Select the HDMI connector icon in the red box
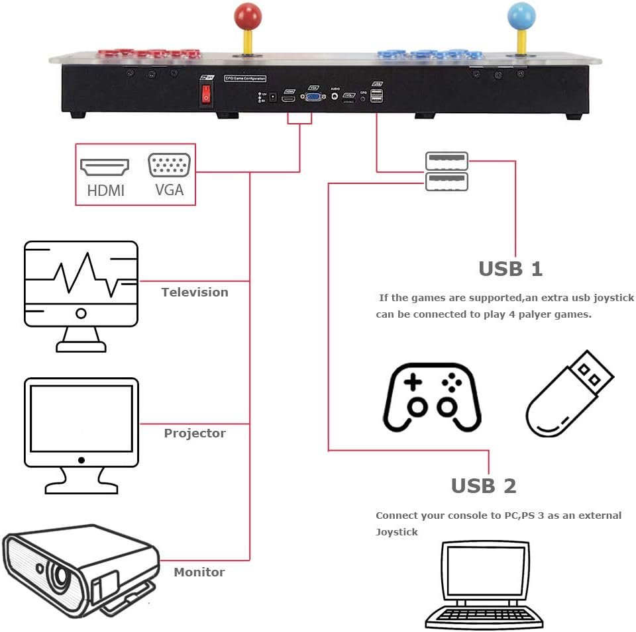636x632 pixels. pos(104,167)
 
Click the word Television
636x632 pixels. pos(195,292)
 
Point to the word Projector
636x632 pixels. pos(195,433)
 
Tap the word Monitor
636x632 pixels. pos(199,572)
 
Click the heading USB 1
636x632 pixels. pos(510,269)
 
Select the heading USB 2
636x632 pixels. pos(483,486)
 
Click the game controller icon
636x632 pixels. pos(432,397)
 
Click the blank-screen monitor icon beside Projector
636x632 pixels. pos(81,433)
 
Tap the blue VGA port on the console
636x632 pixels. pos(314,97)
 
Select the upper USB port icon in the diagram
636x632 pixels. pos(447,160)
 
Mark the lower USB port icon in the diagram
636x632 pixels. pos(447,182)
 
